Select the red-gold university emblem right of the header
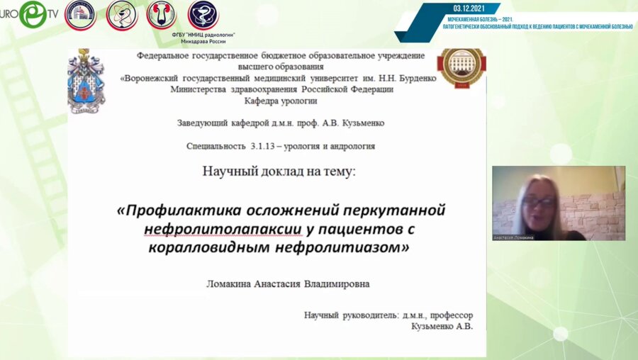[461, 70]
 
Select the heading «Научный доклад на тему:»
[281, 171]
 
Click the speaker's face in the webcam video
[538, 204]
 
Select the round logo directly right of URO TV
[80, 15]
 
